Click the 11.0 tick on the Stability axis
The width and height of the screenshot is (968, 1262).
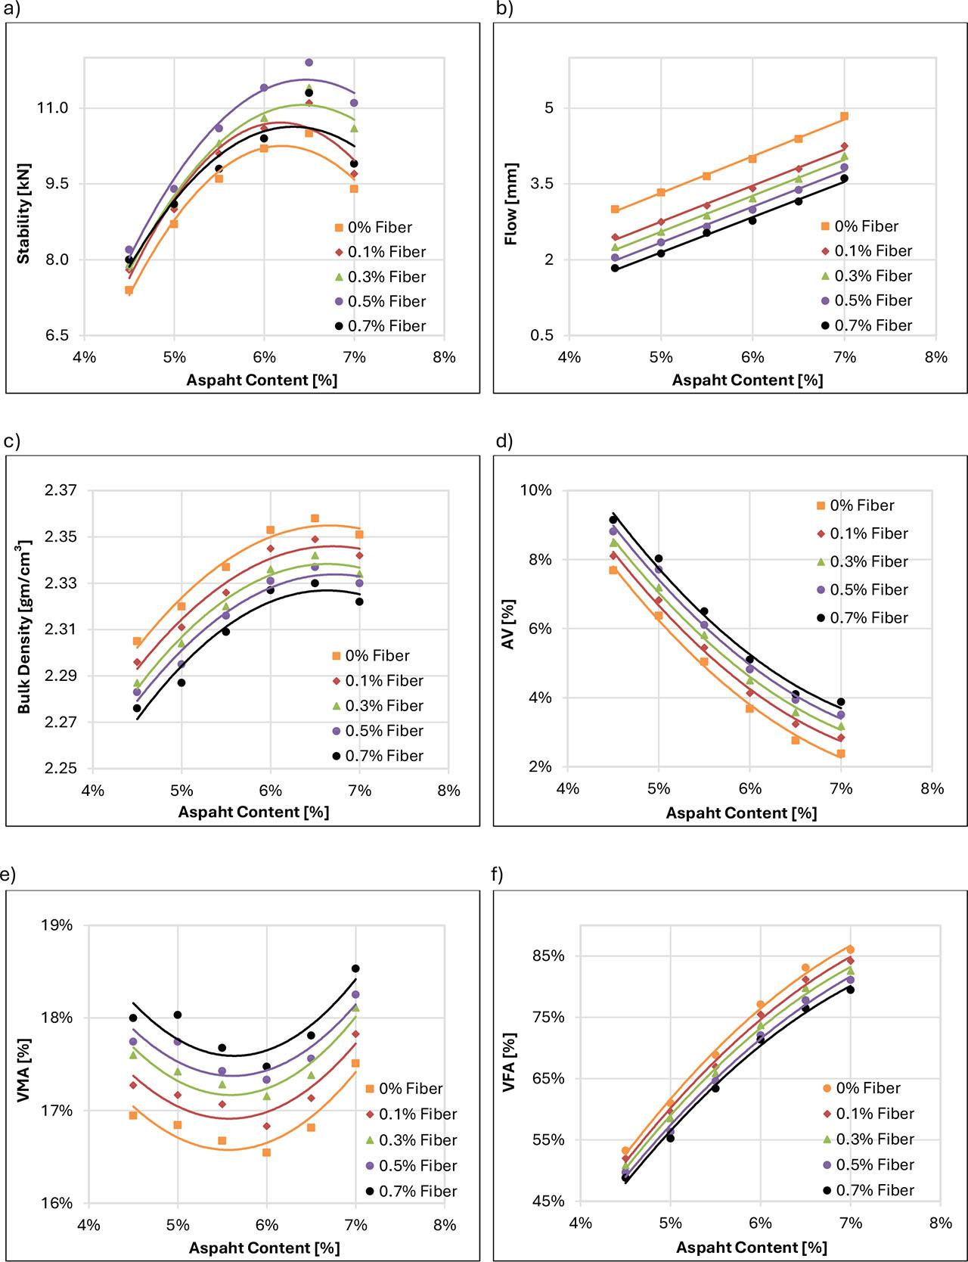(53, 108)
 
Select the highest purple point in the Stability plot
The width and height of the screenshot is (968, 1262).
(309, 62)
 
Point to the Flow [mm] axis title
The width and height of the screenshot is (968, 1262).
(512, 204)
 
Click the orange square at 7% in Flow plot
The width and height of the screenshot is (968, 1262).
(844, 117)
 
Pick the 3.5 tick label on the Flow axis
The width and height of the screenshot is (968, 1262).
(538, 184)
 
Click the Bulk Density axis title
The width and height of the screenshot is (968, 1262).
(25, 626)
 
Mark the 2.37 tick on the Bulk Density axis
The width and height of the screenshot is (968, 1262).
(60, 490)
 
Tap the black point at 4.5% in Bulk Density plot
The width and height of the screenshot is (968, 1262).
(137, 708)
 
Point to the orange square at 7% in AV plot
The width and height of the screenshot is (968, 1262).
(841, 754)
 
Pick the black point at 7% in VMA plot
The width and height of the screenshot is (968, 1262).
(355, 968)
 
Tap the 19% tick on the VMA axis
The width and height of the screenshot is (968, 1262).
(57, 925)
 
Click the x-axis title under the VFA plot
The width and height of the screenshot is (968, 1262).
(751, 1247)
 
